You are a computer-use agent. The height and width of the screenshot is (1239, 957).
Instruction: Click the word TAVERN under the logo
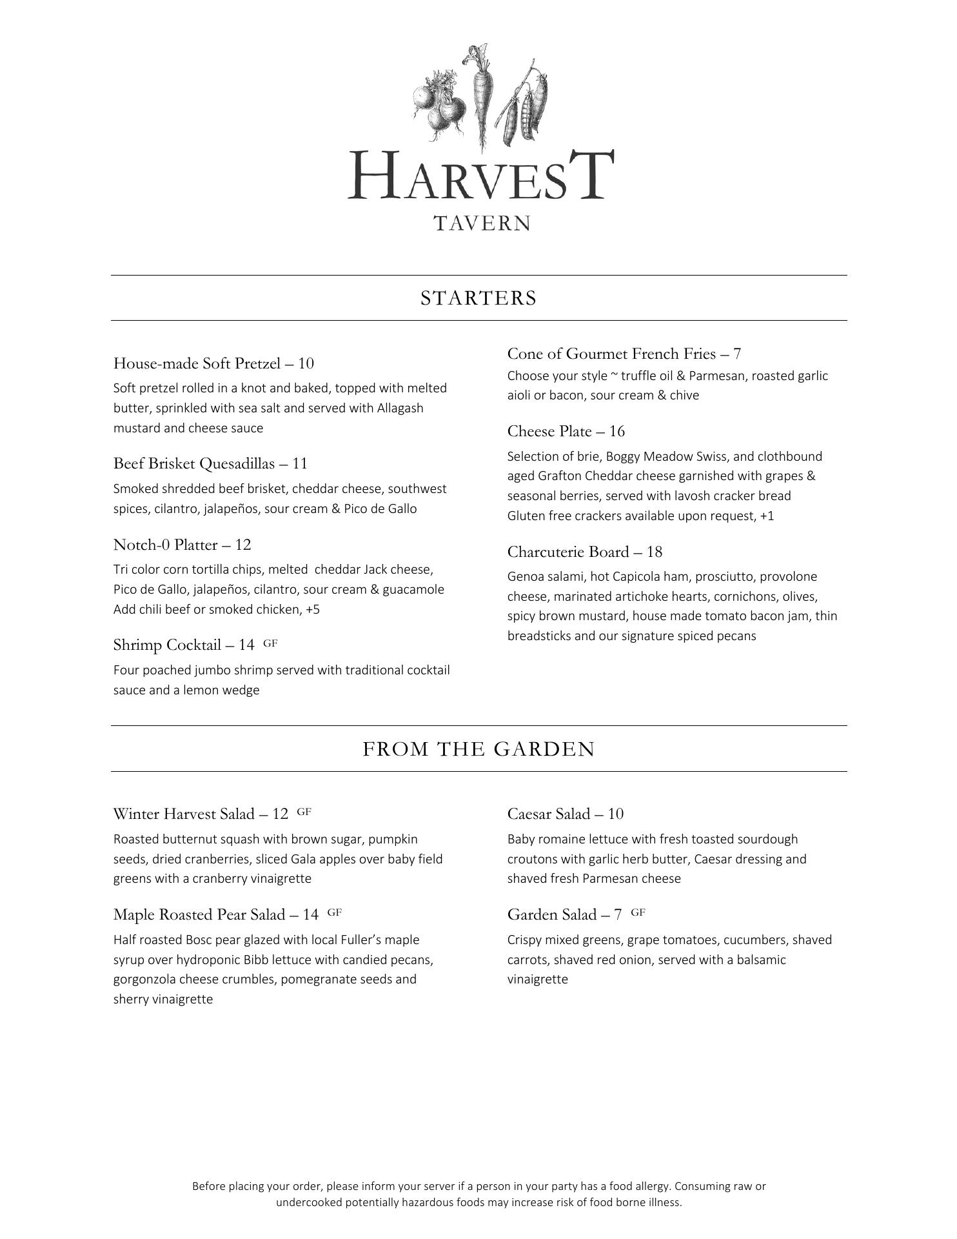(482, 223)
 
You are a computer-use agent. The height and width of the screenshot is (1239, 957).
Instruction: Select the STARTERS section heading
(479, 298)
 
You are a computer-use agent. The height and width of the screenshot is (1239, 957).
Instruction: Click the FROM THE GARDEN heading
(479, 749)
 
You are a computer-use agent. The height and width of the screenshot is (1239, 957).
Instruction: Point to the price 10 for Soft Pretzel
(306, 363)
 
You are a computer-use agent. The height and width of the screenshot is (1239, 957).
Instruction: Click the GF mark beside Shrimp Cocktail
(270, 643)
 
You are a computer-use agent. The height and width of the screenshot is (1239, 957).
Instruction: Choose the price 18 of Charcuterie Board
(654, 552)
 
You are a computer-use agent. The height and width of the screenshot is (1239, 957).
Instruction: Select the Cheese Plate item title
(549, 431)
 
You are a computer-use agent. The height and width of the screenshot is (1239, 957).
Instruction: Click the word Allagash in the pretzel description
(400, 408)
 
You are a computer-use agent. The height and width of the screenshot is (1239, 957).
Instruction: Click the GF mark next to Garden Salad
(638, 912)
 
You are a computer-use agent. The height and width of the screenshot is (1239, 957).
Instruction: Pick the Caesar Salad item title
(548, 814)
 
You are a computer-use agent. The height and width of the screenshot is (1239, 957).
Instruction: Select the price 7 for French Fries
(736, 354)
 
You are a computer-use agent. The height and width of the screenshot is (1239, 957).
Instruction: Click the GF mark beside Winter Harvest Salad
(304, 812)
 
